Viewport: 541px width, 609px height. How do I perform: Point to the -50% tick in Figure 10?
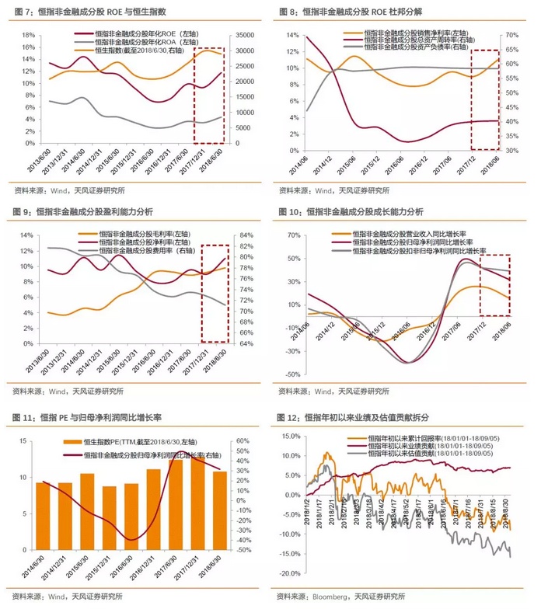pos(289,374)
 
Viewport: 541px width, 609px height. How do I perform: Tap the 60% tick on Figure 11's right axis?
pos(242,442)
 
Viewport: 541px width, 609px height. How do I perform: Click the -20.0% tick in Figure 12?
pos(286,572)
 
